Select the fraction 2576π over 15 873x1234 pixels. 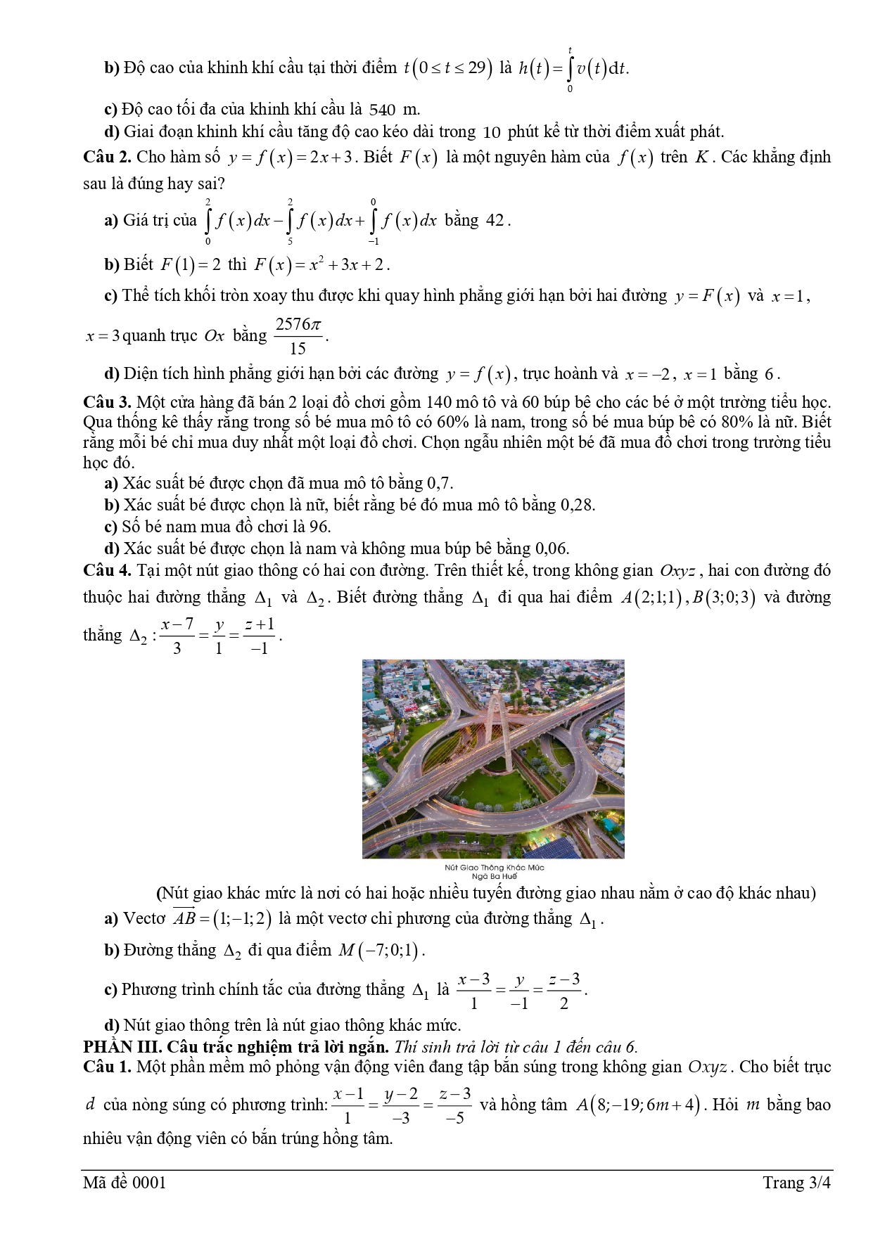(298, 336)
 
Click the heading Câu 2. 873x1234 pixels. (107, 157)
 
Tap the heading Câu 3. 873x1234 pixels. (107, 402)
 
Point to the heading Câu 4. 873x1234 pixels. (107, 570)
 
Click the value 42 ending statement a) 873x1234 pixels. (495, 221)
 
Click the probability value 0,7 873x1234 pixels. (439, 484)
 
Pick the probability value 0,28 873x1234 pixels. (577, 505)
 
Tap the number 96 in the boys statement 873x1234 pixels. (320, 527)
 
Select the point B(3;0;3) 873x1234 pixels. (724, 598)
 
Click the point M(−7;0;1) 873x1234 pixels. (381, 951)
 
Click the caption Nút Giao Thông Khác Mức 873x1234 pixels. (495, 868)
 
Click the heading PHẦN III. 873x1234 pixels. (122, 1047)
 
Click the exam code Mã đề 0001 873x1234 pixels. (125, 1183)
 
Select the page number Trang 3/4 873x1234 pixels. (796, 1183)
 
